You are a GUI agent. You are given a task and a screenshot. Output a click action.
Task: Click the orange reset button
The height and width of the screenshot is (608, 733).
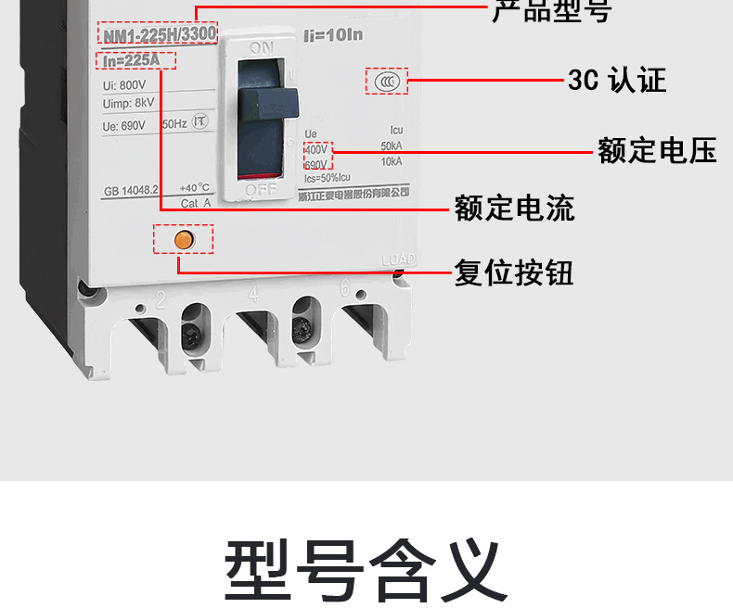coord(184,238)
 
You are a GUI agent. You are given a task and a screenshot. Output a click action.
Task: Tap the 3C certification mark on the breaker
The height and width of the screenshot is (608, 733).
coord(387,82)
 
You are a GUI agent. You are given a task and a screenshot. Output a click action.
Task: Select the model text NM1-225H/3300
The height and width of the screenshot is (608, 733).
coord(157,34)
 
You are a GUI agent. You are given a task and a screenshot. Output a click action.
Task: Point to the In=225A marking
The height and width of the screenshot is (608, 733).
coord(135,62)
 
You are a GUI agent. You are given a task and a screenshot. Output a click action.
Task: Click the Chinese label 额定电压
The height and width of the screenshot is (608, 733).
coord(657,151)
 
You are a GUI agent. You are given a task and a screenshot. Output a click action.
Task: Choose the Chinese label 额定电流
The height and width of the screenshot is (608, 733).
coord(514,208)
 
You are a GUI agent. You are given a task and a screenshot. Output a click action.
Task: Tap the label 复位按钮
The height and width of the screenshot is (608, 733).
coord(513,272)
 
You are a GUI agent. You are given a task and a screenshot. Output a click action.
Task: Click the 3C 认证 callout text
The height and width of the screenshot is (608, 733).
coord(617,81)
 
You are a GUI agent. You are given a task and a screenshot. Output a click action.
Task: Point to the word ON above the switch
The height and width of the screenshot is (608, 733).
coord(262,46)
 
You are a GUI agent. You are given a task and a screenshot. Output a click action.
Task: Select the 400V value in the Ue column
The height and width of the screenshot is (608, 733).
coord(316,148)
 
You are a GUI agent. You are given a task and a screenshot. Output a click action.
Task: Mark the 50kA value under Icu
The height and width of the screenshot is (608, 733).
coord(391,146)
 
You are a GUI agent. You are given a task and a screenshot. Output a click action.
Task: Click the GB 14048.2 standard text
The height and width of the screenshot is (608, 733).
coord(132,188)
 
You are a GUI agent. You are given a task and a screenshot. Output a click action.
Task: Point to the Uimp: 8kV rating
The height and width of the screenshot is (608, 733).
coord(129,104)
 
